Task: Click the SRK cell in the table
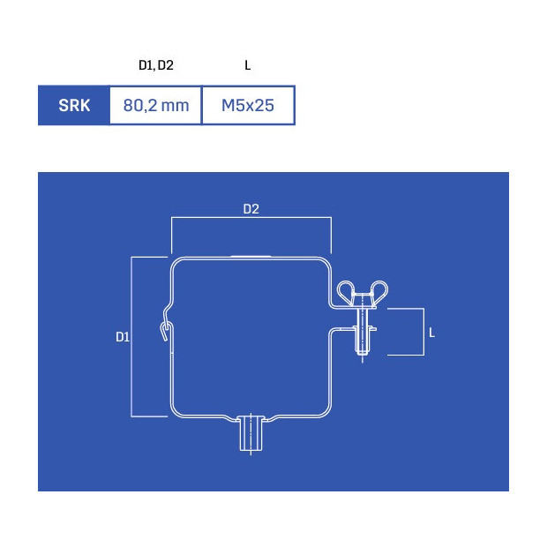pos(74,105)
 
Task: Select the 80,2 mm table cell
pos(156,105)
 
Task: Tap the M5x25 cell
pos(248,105)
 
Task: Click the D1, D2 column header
pos(156,65)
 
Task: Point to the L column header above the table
pos(247,65)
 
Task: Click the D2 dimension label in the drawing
pos(251,209)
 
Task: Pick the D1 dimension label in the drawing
pos(123,337)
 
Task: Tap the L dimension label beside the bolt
pos(432,333)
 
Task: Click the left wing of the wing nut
pos(346,292)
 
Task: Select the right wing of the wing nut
pos(378,292)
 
